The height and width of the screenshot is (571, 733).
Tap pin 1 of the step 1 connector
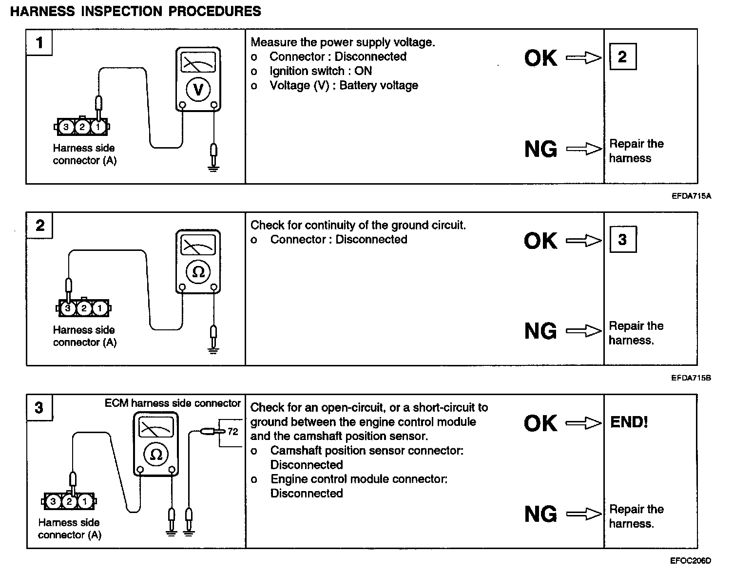pyautogui.click(x=98, y=128)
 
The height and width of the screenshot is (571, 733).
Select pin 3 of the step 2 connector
pyautogui.click(x=68, y=308)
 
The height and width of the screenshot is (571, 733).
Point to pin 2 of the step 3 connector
pyautogui.click(x=69, y=501)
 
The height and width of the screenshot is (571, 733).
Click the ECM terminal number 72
pyautogui.click(x=233, y=431)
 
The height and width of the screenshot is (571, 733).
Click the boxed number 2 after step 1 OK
pyautogui.click(x=622, y=57)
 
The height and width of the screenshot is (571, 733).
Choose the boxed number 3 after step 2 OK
pyautogui.click(x=622, y=240)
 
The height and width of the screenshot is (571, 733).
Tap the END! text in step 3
pyautogui.click(x=629, y=422)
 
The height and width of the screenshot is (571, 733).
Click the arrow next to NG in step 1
pyautogui.click(x=584, y=149)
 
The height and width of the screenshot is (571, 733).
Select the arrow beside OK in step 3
pyautogui.click(x=584, y=423)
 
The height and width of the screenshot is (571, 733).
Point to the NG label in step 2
pyautogui.click(x=540, y=331)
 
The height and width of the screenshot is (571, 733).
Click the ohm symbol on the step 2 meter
pyautogui.click(x=198, y=271)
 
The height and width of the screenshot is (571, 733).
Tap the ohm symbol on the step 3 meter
pyautogui.click(x=156, y=454)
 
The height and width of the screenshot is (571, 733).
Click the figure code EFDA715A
pyautogui.click(x=691, y=196)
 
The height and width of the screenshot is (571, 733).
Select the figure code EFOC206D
pyautogui.click(x=691, y=561)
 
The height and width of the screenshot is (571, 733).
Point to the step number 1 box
pyautogui.click(x=39, y=43)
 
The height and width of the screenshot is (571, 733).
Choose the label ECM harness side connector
pyautogui.click(x=173, y=403)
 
